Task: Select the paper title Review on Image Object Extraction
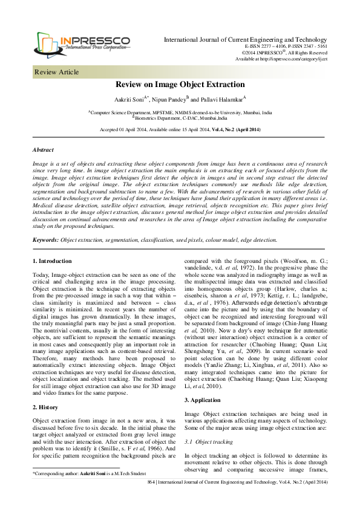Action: tap(180, 85)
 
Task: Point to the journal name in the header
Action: tap(246, 39)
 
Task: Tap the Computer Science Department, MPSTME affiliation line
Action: tap(180, 112)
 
